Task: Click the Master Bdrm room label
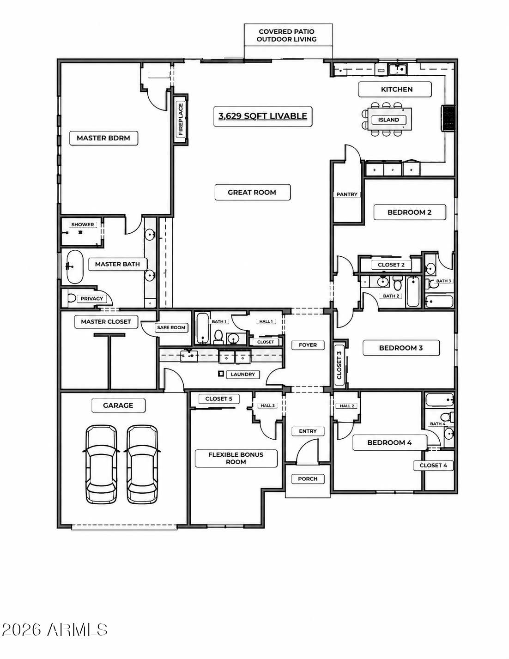coord(103,138)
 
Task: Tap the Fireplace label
coord(181,119)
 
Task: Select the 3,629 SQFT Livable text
coord(263,116)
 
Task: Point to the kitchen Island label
coord(388,120)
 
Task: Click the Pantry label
coord(347,194)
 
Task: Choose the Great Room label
coord(252,192)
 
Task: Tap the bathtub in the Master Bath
coord(75,266)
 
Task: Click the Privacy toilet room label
coord(91,299)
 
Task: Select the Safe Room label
coord(171,327)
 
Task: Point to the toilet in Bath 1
coord(218,337)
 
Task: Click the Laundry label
coord(242,374)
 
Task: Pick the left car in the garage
coord(101,464)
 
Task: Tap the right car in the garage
coord(142,464)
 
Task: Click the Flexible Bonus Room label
coord(236,458)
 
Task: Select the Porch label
coord(308,479)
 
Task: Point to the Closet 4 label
coord(433,466)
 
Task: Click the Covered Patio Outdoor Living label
coord(287,36)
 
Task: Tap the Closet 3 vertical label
coord(339,365)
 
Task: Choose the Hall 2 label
coord(347,406)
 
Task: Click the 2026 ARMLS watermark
coord(55,630)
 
